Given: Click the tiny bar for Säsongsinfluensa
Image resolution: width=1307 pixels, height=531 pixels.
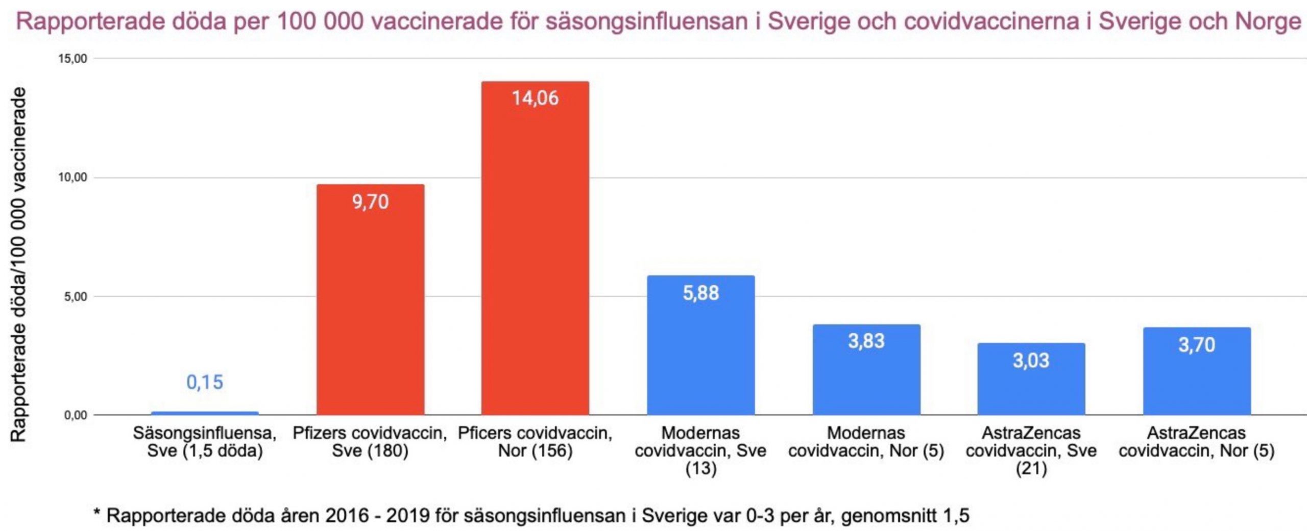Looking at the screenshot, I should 205,413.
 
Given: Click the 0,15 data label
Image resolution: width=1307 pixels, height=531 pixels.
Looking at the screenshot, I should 205,382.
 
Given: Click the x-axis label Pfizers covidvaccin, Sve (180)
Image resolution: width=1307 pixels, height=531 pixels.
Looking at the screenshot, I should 370,442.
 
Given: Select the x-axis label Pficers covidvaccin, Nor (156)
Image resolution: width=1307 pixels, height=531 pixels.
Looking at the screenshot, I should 535,442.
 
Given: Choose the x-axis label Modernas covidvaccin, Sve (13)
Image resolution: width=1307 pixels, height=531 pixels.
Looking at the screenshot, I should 700,450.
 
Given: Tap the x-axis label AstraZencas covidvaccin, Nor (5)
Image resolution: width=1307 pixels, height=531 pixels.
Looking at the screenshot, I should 1197,442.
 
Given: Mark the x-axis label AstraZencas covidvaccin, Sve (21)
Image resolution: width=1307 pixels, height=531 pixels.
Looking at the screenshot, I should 1031,450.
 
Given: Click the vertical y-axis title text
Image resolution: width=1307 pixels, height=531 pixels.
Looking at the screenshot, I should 18,264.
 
